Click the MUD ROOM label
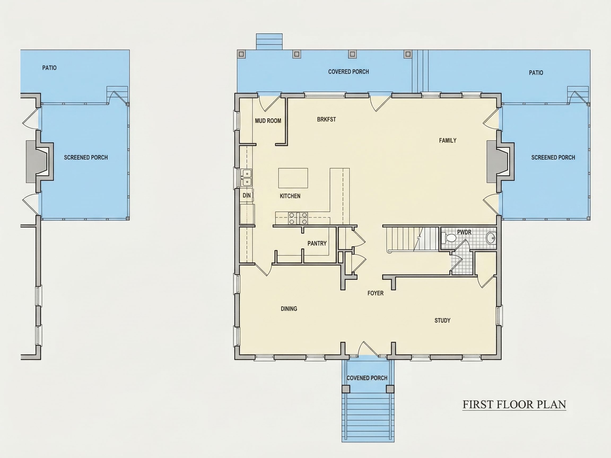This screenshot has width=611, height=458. click(268, 121)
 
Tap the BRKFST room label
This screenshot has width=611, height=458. click(326, 119)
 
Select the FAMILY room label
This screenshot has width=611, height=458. click(447, 140)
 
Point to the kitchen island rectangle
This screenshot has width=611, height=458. click(293, 178)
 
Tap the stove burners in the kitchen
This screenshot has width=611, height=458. click(298, 218)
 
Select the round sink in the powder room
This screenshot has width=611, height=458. click(491, 238)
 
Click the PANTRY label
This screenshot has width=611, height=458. click(317, 243)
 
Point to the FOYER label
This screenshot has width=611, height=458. click(376, 293)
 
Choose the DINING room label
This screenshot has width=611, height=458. click(289, 308)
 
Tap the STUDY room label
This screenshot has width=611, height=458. click(442, 320)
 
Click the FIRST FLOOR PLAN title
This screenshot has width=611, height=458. click(514, 404)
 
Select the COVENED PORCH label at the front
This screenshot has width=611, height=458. click(367, 378)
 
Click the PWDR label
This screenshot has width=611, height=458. click(464, 232)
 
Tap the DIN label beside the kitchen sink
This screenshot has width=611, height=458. click(247, 195)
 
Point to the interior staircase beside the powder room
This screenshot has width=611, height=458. click(412, 239)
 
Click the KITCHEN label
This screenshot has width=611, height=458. click(290, 196)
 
